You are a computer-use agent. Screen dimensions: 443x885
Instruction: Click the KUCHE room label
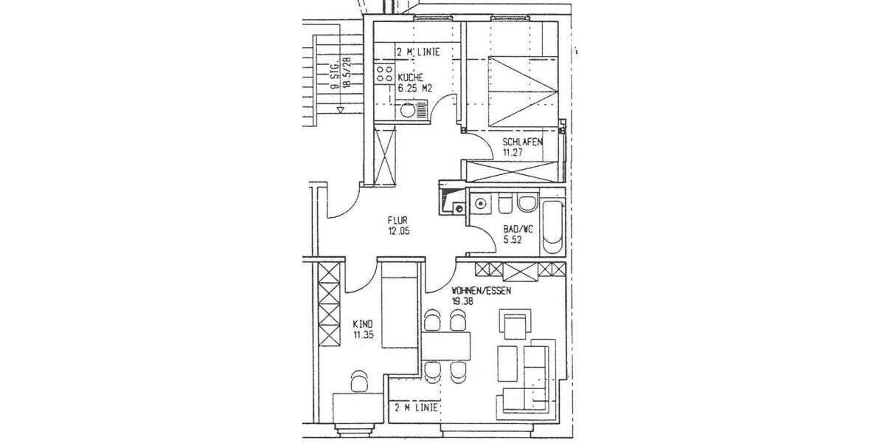coord(410,78)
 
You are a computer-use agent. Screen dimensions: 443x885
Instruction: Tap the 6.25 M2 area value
coord(414,88)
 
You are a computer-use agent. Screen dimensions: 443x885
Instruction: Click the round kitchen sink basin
coord(407,111)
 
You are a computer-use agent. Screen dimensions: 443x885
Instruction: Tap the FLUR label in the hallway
coord(399,219)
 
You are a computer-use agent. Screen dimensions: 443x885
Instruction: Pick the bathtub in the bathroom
coord(552,222)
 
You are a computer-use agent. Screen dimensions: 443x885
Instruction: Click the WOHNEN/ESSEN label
coord(482,291)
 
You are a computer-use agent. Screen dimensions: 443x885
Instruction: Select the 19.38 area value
coord(465,301)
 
